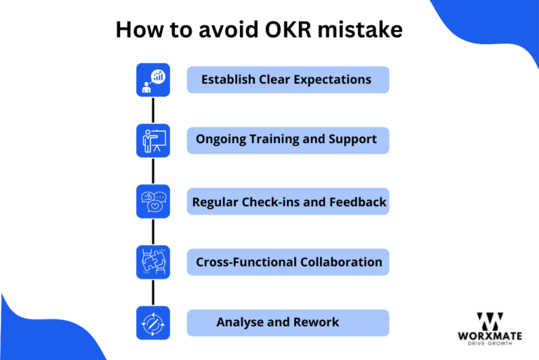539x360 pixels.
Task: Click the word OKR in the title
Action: [288, 29]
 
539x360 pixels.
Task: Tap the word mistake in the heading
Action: [360, 29]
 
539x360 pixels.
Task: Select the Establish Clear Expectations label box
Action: [288, 80]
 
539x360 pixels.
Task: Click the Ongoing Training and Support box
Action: [288, 140]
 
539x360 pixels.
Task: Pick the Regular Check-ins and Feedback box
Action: [288, 201]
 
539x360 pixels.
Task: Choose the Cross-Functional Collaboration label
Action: [288, 262]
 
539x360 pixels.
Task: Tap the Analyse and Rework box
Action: [288, 323]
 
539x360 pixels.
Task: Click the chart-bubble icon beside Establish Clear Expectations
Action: [153, 80]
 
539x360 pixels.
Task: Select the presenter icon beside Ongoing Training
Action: [153, 140]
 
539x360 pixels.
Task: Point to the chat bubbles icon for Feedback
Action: [153, 201]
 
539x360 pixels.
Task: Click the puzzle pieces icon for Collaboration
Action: [153, 262]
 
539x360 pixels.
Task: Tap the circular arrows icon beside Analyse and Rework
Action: [153, 323]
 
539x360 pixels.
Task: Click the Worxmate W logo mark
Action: [490, 321]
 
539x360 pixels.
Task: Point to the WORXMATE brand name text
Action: [490, 335]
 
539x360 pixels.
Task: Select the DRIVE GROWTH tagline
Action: [490, 343]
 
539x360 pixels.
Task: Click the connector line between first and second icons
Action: [153, 110]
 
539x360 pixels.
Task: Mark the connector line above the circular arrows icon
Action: [153, 293]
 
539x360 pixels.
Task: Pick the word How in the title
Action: [139, 29]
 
